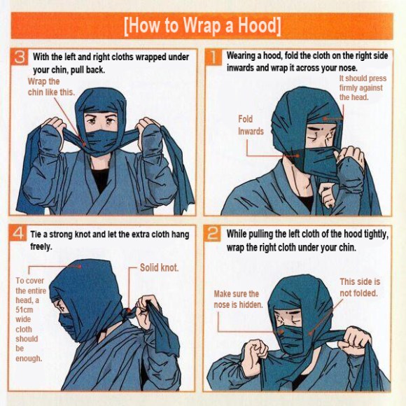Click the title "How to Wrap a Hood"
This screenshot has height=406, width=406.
(202, 26)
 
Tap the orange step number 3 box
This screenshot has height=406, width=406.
(19, 57)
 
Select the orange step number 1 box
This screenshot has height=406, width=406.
(213, 57)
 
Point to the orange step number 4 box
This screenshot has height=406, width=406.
(17, 233)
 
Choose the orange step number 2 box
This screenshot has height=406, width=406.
(213, 233)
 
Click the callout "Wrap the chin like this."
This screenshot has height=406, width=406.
(51, 87)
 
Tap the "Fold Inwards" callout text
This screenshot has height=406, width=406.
(251, 125)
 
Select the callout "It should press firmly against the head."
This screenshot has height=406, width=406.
(363, 87)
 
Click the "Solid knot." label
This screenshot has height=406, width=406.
(159, 267)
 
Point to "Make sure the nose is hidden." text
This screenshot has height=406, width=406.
(238, 300)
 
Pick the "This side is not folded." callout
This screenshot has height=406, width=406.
(360, 288)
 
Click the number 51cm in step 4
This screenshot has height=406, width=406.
(24, 310)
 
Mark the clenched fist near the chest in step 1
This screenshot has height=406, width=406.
(326, 195)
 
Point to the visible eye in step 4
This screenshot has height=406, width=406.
(62, 307)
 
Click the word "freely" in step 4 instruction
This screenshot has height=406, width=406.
(40, 246)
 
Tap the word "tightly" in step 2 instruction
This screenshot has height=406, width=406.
(376, 234)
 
